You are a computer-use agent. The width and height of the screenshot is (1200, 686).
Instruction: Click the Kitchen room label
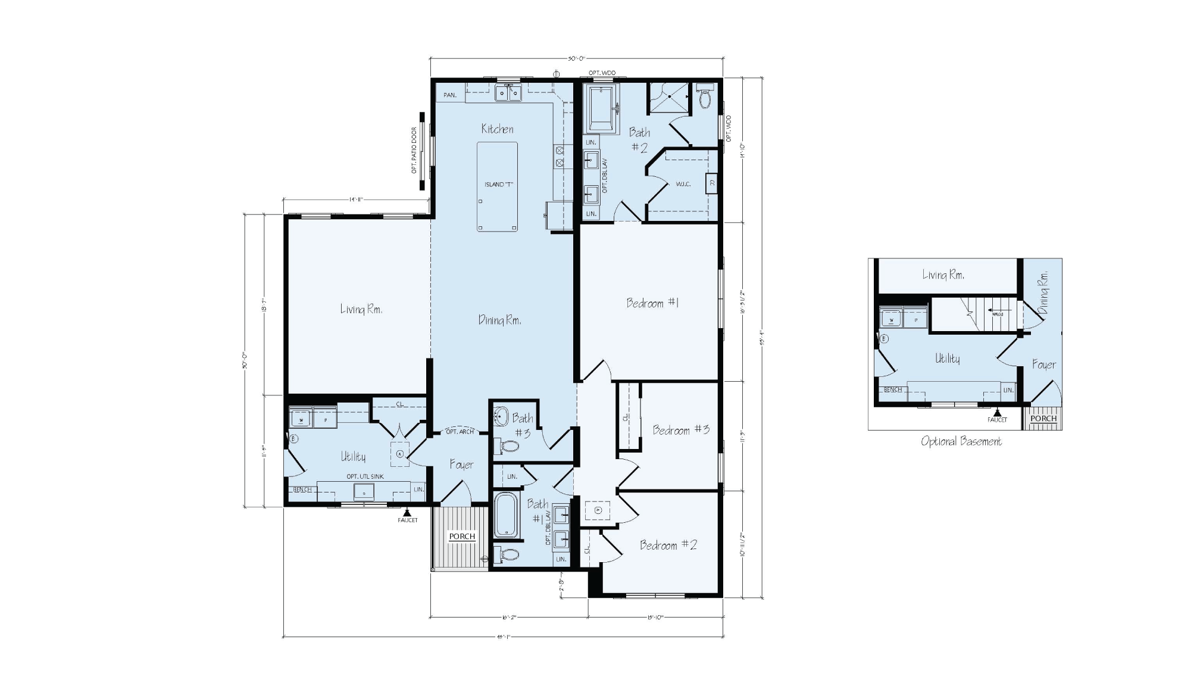point(497,129)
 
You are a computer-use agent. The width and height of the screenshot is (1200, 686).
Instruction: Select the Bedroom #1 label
point(652,303)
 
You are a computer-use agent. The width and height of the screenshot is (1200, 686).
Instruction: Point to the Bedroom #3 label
point(681,430)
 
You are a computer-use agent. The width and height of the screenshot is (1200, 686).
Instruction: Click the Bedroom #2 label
point(668,545)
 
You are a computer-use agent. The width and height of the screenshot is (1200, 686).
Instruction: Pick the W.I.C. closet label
point(683,184)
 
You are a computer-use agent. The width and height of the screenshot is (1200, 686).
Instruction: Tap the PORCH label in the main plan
point(462,537)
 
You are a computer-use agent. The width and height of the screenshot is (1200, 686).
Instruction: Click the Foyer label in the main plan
point(461,464)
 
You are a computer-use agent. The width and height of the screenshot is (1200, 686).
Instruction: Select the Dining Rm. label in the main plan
point(499,320)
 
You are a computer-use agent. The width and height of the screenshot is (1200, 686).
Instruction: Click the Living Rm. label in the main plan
point(361,309)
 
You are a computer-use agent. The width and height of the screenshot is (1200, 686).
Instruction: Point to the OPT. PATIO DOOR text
point(414,151)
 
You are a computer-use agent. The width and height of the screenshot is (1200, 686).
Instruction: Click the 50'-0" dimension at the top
point(576,58)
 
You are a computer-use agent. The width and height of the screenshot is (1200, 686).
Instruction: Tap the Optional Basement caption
point(961,441)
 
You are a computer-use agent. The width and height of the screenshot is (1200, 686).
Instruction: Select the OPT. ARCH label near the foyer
point(460,432)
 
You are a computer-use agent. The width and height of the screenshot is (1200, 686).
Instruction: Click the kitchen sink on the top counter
point(508,93)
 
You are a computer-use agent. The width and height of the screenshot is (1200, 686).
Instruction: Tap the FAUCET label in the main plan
point(408,520)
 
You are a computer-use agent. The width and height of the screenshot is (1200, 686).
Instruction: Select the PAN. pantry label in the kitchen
point(450,95)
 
